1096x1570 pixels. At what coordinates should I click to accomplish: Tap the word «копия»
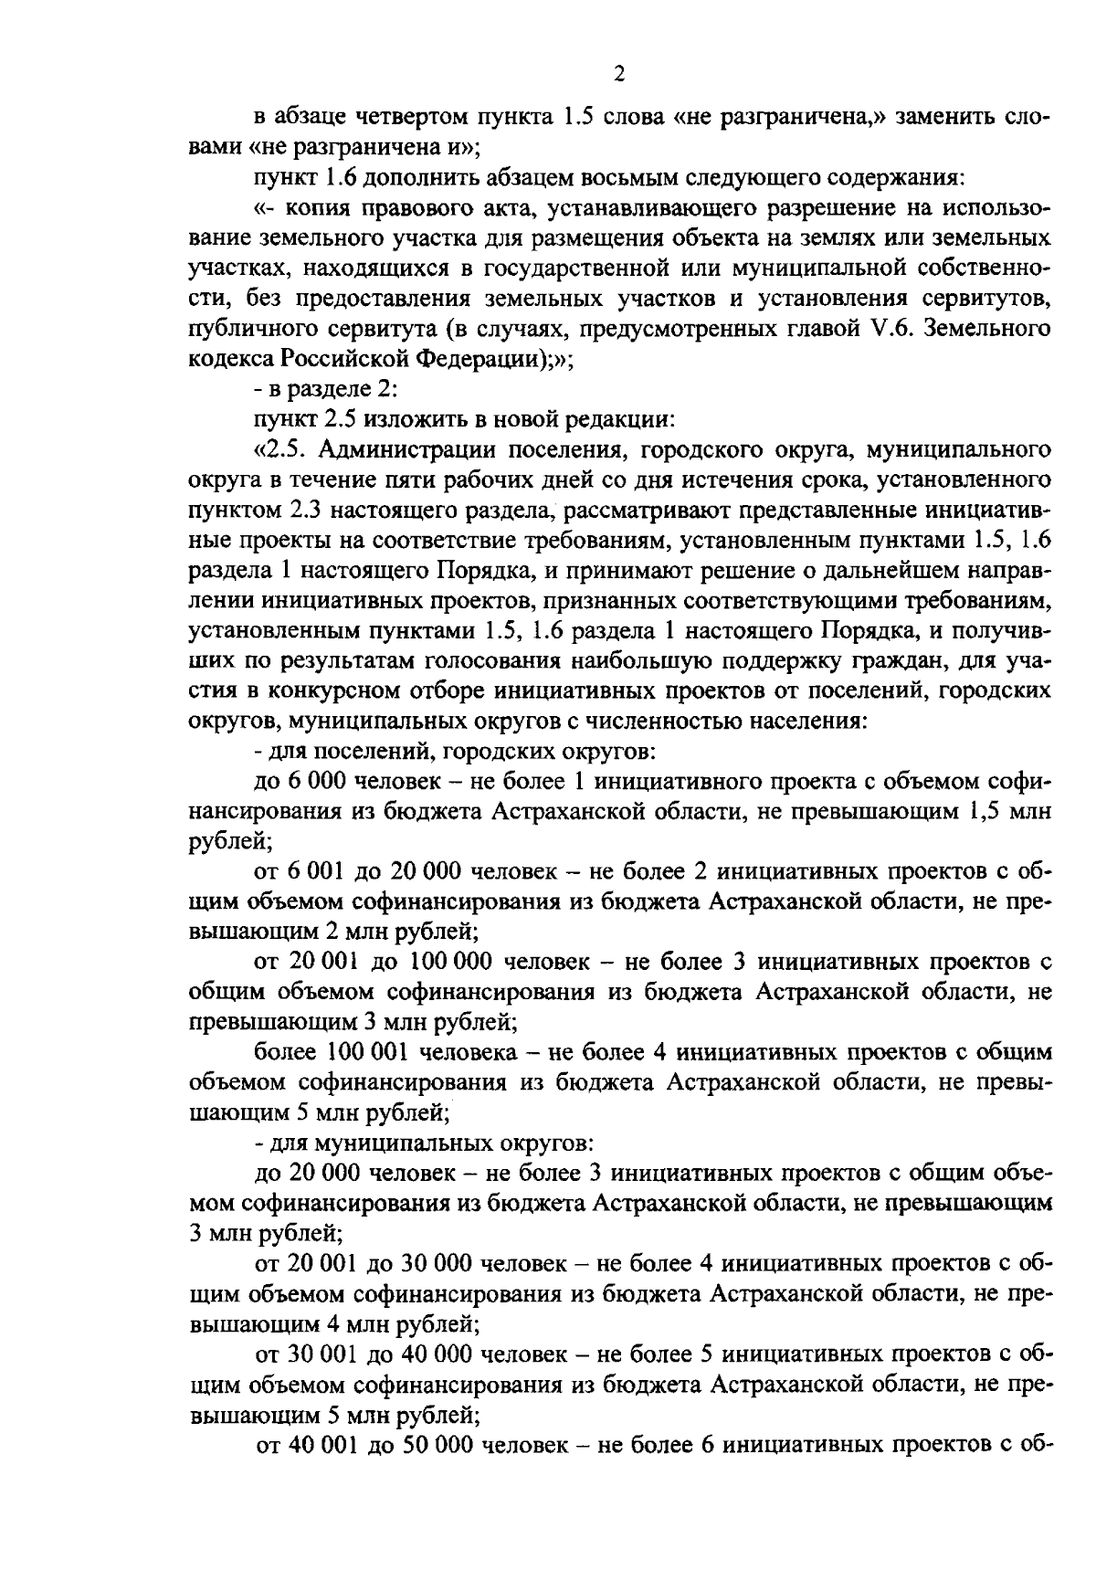coord(326,208)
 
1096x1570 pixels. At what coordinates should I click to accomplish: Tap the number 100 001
coord(361,1051)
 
